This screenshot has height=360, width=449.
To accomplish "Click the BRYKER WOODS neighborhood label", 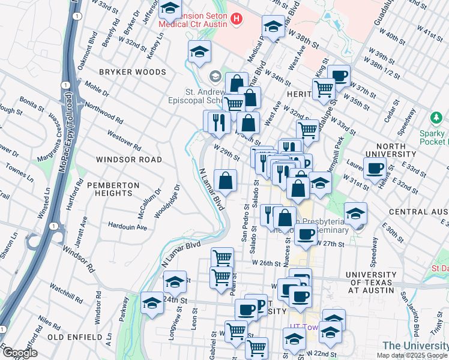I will click(x=132, y=72).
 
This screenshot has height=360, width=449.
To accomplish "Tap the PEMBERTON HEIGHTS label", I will click(x=109, y=189).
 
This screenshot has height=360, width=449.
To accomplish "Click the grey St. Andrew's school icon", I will click(x=215, y=76).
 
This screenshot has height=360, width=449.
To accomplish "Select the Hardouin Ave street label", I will click(x=128, y=227).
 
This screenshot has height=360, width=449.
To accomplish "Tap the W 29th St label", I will click(x=227, y=150).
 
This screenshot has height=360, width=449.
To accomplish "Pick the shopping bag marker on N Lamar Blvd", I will click(x=225, y=180).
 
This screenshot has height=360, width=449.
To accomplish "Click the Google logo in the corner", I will click(x=19, y=353).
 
